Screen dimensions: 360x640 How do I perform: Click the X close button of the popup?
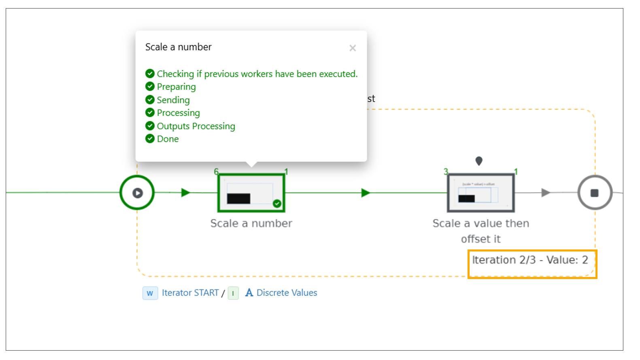point(353,48)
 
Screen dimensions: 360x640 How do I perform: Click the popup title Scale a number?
point(178,47)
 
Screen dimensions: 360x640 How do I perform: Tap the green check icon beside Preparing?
point(150,87)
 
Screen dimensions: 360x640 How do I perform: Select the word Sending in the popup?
point(173,100)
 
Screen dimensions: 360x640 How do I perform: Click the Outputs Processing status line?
point(196,126)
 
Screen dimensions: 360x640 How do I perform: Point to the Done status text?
point(168,139)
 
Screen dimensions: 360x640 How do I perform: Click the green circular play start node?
point(137,193)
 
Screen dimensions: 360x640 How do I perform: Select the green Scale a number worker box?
point(251,193)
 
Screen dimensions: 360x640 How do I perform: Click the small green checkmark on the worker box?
point(277,203)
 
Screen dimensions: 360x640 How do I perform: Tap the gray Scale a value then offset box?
point(481,193)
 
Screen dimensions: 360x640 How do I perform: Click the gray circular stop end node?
point(594,193)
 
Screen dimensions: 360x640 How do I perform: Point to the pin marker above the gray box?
point(479,161)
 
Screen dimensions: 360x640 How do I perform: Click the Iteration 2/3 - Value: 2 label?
point(530,260)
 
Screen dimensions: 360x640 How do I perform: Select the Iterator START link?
point(190,293)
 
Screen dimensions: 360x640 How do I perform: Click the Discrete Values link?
point(287,293)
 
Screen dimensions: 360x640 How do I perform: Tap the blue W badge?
point(150,293)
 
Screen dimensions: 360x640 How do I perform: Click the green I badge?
point(233,293)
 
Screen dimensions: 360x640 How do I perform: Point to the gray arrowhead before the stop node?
point(546,193)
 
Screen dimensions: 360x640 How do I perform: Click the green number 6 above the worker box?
point(216,172)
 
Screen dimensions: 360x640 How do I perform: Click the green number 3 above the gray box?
point(446,172)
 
